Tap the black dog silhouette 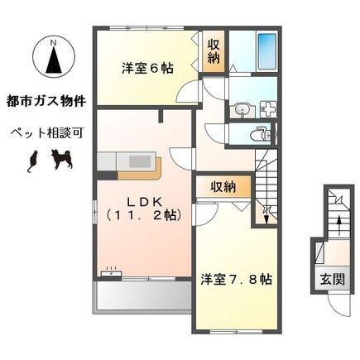(61, 159)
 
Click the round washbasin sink (242, 109)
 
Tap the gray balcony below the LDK (142, 296)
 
